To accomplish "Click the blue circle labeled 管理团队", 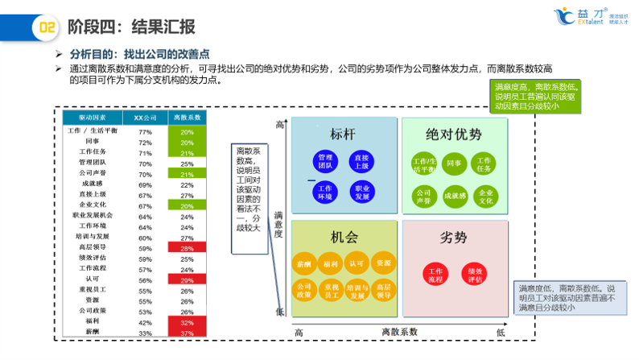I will pos(325,161).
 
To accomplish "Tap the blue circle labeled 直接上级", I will pos(361,161).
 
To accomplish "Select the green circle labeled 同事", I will pos(453,164).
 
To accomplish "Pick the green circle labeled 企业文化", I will pos(485,196).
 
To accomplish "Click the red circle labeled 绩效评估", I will pos(475,275).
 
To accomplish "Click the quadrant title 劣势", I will pos(454,238).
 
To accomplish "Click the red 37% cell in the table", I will pos(187,333).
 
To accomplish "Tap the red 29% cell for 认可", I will pos(187,279).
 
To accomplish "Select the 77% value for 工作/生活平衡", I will pos(146,131).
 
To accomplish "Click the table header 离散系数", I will pos(187,118).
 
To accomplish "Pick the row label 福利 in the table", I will pos(91,321).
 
